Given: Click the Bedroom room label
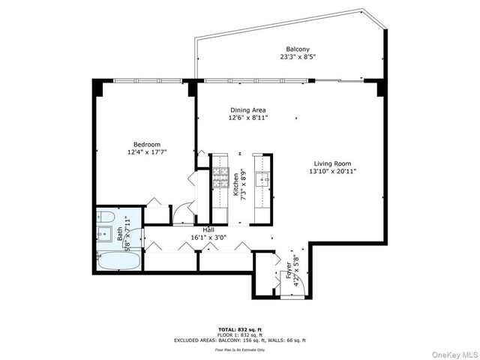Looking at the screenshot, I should pos(147,144).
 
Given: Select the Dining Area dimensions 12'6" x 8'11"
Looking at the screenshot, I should pos(248,118).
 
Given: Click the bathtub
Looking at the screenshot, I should pos(119,262).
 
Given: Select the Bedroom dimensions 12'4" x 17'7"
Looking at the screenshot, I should pos(147,152).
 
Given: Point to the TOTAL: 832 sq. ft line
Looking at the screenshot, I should pos(240,329).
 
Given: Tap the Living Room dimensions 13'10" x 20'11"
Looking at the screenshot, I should pos(334,172).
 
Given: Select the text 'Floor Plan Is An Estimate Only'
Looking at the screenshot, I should pos(240,349).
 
